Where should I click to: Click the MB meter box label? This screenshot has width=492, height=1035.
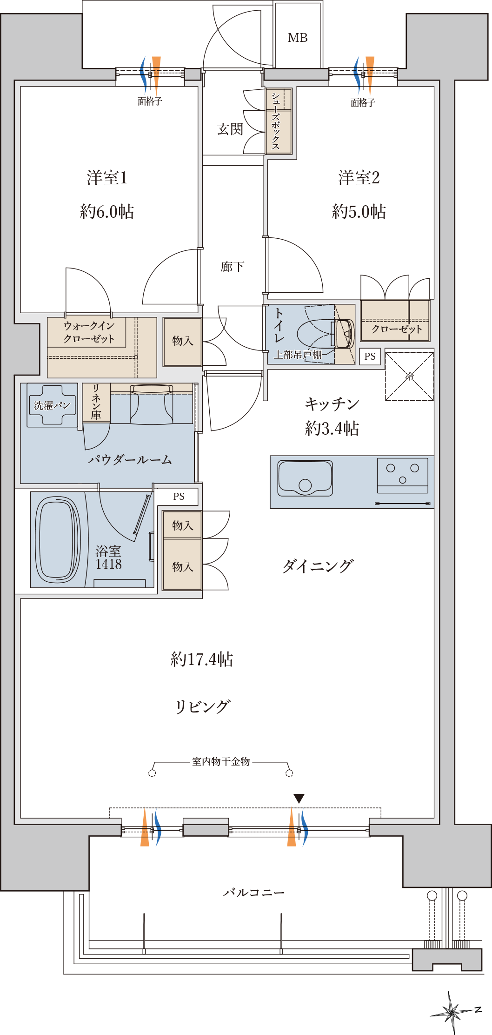[298, 38]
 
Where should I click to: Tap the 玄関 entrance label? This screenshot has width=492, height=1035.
[230, 129]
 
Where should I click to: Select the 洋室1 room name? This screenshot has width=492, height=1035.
[107, 178]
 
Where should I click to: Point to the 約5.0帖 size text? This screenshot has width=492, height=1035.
[359, 212]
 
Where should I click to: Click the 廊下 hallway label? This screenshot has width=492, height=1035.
[232, 267]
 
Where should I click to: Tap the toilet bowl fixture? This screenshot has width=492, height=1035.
[326, 334]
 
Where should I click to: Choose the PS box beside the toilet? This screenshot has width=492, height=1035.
[370, 356]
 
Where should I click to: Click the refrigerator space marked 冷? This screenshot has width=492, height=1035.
[409, 376]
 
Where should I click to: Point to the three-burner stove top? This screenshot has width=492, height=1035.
[403, 475]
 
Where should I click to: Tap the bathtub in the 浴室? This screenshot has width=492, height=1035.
[58, 539]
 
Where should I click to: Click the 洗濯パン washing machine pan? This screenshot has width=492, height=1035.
[52, 405]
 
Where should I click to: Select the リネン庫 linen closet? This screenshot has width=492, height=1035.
[96, 402]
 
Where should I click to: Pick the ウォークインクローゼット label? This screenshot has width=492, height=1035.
[89, 332]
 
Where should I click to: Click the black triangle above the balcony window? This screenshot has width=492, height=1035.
[299, 798]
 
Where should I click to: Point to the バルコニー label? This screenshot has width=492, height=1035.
[253, 892]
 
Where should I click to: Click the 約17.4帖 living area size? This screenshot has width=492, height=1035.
[202, 659]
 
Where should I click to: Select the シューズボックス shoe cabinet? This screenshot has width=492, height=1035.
[279, 121]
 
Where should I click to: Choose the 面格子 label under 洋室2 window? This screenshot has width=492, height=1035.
[363, 102]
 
